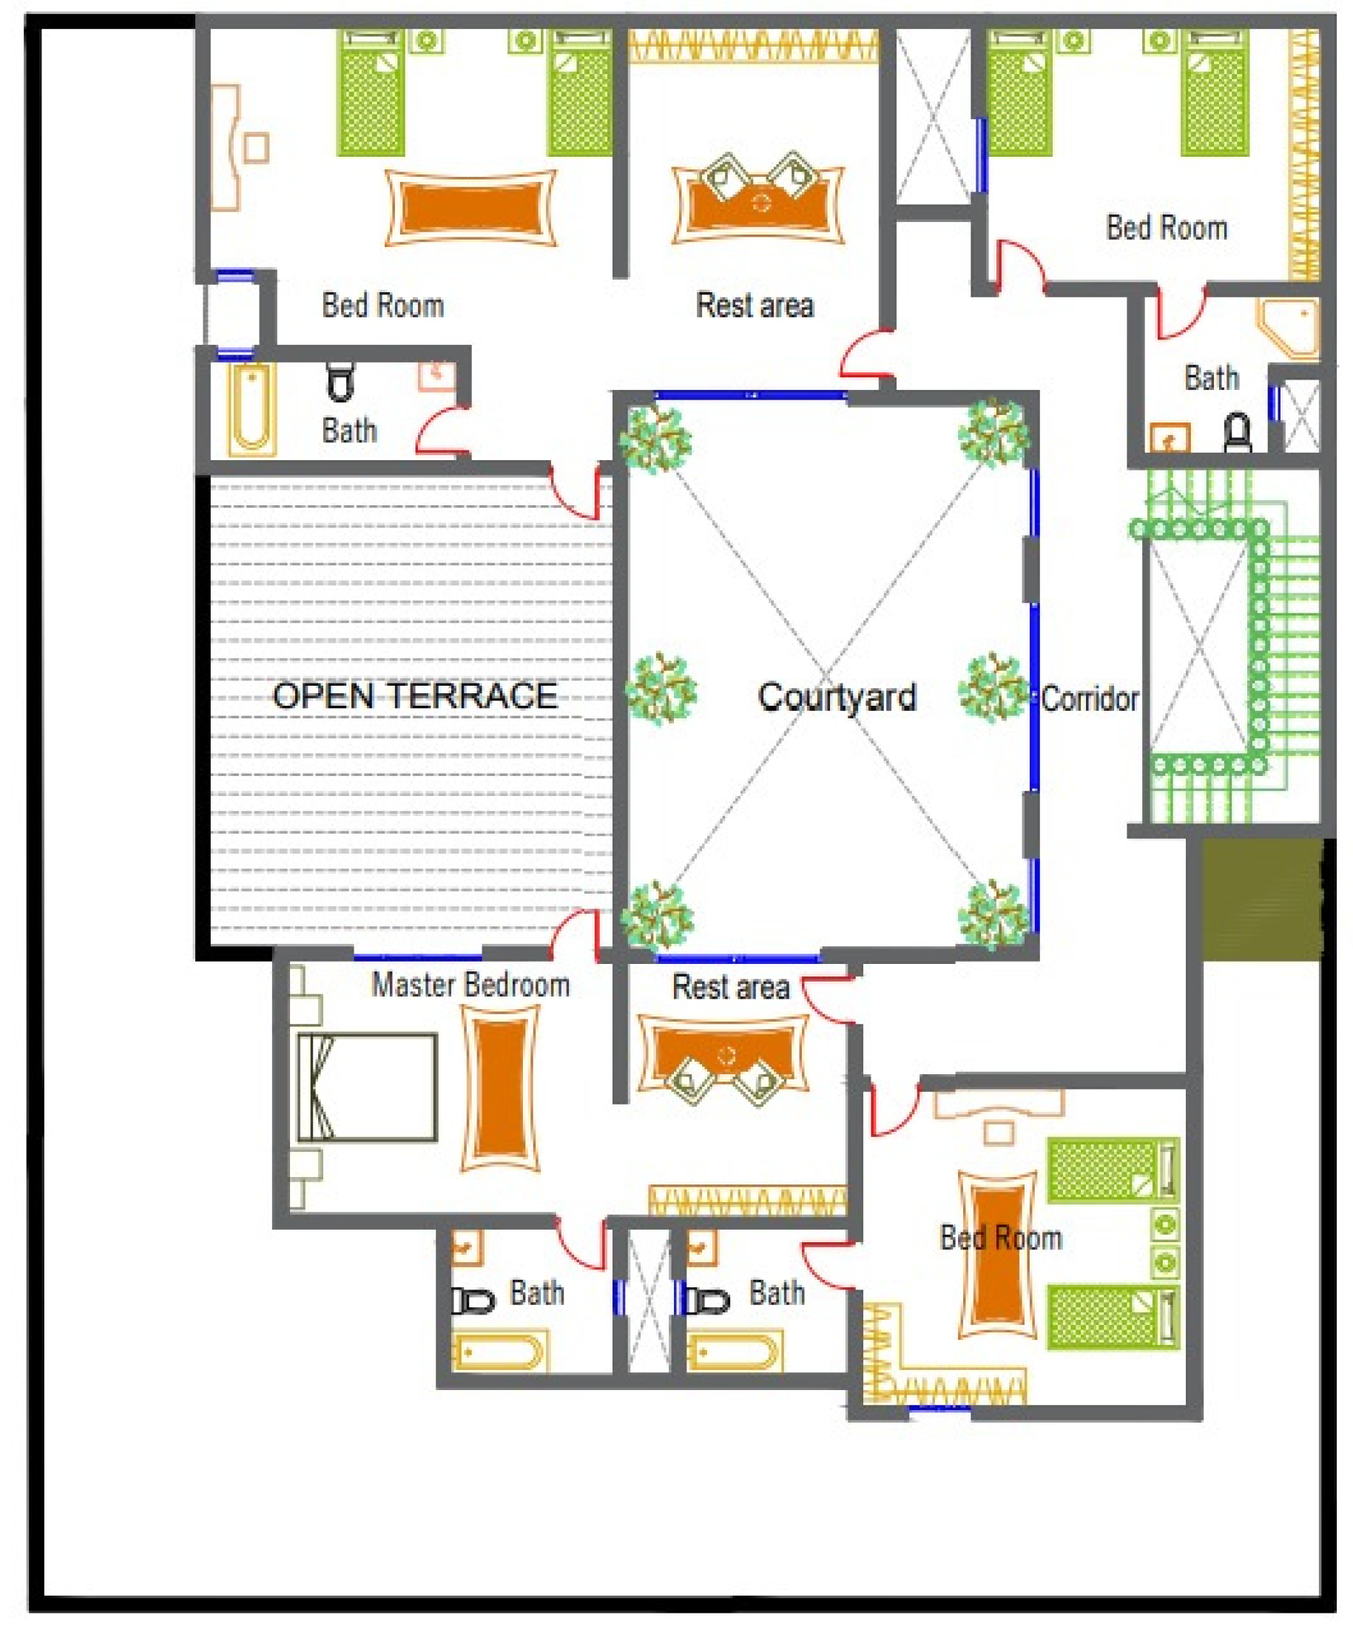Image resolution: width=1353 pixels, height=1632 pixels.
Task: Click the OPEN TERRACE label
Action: coord(414,695)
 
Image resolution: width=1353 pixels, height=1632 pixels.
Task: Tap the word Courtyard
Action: coord(837,697)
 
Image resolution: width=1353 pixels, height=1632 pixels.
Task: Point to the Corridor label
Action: coord(1090,698)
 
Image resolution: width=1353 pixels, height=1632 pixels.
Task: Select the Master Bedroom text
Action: coord(471,985)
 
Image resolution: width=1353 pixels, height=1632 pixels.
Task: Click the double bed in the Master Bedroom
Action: coord(367,1088)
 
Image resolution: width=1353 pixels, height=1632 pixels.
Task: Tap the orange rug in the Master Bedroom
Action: coord(501,1088)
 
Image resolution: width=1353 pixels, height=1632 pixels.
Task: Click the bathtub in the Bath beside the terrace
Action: coord(251,409)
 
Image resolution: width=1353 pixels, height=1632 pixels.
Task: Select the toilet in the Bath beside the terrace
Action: coord(340,381)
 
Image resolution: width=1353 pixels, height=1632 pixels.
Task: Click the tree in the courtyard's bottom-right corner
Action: coord(994,914)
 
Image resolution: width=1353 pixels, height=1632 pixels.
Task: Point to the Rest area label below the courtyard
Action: coord(731,987)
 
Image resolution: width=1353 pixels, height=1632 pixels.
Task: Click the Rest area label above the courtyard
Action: coord(755,306)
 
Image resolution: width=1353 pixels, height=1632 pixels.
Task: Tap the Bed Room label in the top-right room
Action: coord(1167,228)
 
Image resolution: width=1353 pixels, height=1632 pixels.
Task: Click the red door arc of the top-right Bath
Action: coord(1181,312)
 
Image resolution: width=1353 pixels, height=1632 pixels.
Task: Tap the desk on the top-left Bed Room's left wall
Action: coord(226,148)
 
